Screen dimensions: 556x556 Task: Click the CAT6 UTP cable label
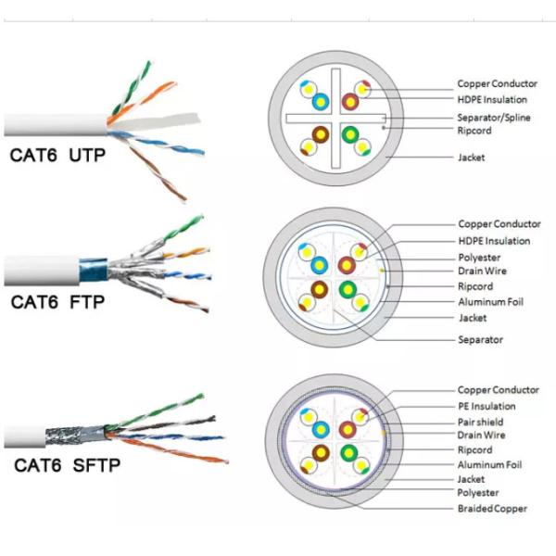pyautogui.click(x=57, y=156)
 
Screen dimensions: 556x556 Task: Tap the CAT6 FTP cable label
pyautogui.click(x=57, y=302)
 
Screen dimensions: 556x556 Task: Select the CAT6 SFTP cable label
pyautogui.click(x=68, y=465)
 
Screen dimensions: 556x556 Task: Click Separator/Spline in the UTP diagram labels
pyautogui.click(x=494, y=118)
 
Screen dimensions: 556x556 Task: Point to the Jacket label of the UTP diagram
pyautogui.click(x=472, y=158)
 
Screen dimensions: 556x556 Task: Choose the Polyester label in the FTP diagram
pyautogui.click(x=479, y=257)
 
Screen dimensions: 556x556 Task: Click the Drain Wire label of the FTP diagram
pyautogui.click(x=482, y=271)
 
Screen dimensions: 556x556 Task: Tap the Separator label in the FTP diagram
pyautogui.click(x=480, y=339)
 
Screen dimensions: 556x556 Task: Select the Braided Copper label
pyautogui.click(x=492, y=509)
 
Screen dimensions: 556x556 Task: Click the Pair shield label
pyautogui.click(x=480, y=422)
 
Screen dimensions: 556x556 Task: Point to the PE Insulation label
pyautogui.click(x=486, y=406)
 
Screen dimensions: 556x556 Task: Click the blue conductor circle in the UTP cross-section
pyautogui.click(x=321, y=102)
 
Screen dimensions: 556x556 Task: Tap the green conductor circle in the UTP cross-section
pyautogui.click(x=350, y=134)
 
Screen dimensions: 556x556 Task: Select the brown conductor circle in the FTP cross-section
pyautogui.click(x=320, y=289)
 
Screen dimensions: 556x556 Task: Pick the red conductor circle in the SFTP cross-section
pyautogui.click(x=347, y=429)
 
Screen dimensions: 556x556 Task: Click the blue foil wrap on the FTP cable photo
pyautogui.click(x=93, y=271)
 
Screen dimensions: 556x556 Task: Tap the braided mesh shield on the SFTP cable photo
pyautogui.click(x=74, y=436)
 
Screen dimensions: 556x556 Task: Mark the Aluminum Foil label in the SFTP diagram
pyautogui.click(x=489, y=464)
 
